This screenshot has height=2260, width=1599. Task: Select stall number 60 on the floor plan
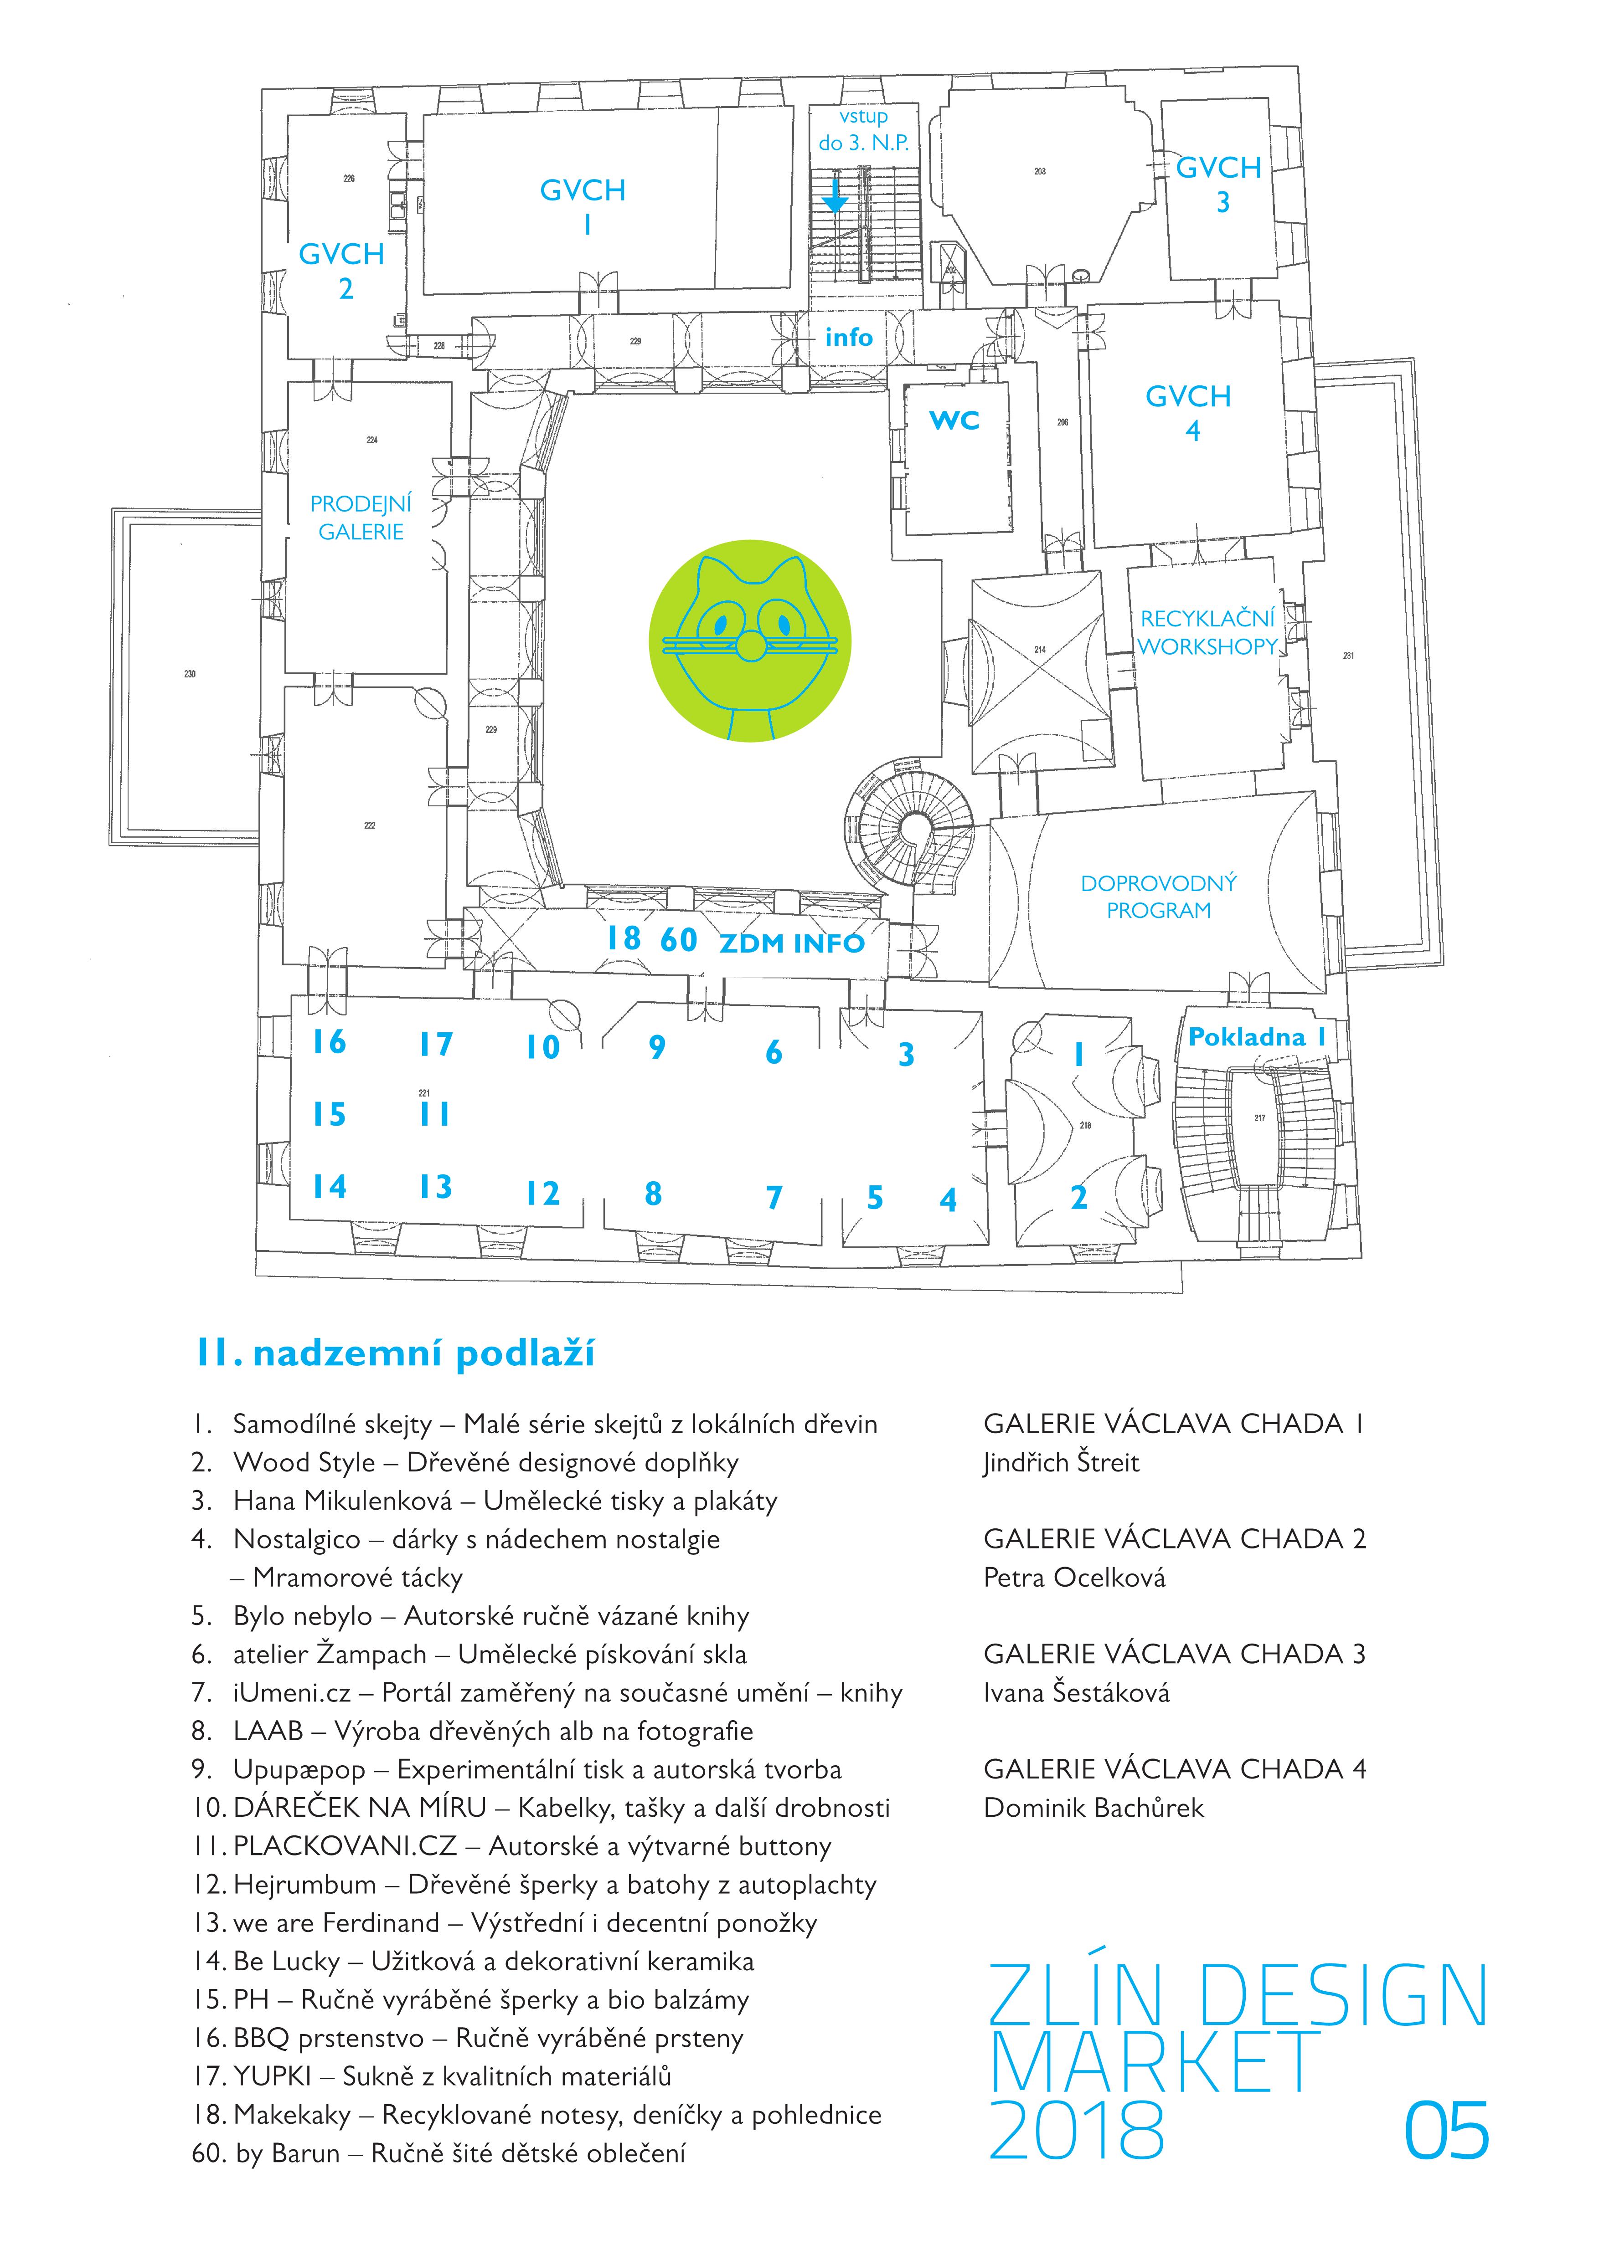coord(678,940)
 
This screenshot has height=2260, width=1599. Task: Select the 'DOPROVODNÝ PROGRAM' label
coord(1159,897)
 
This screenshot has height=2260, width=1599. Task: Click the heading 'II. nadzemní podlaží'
coord(396,1354)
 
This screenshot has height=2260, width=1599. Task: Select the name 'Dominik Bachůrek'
coord(1093,1808)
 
